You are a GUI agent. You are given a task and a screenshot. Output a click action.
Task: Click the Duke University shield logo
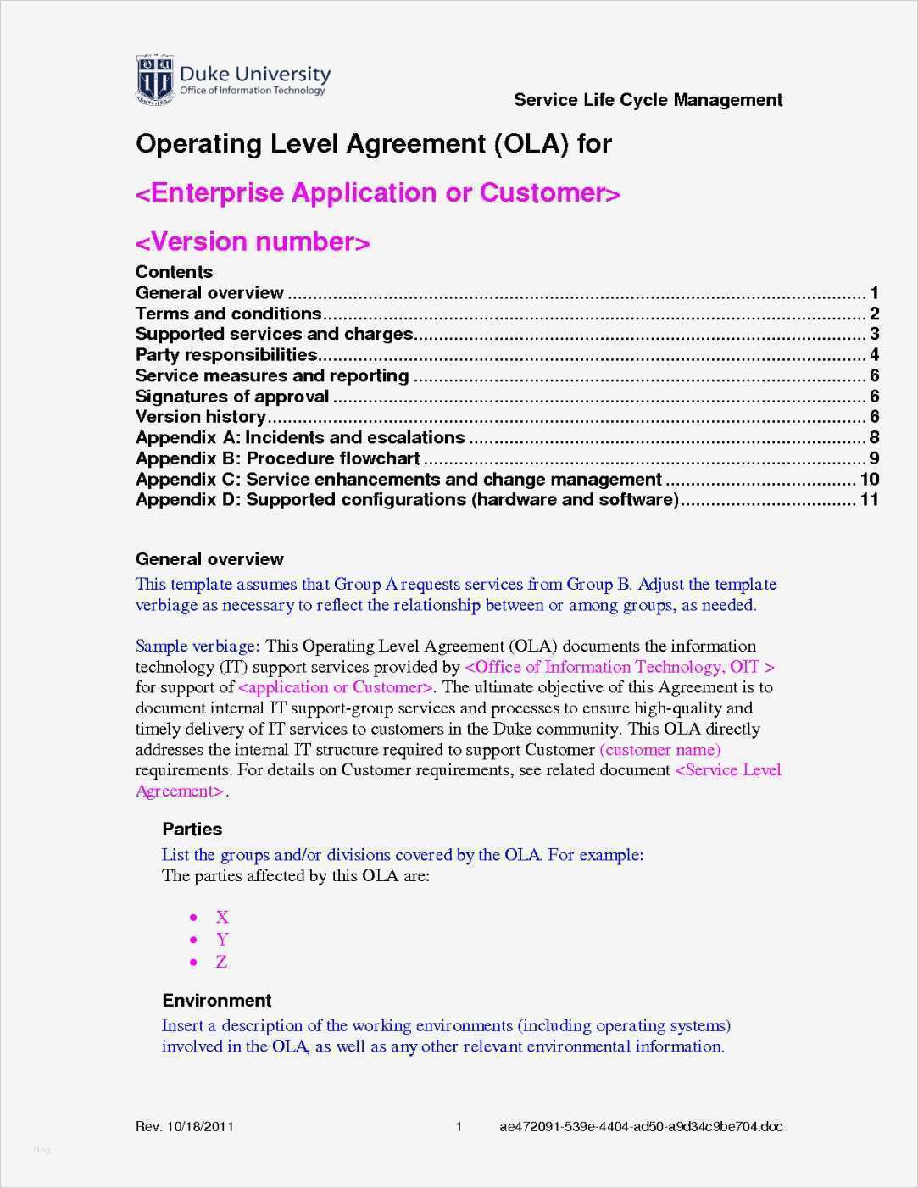(x=155, y=80)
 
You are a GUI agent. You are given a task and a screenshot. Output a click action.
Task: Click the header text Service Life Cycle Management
(x=648, y=100)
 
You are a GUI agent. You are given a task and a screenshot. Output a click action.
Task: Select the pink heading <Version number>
(x=253, y=242)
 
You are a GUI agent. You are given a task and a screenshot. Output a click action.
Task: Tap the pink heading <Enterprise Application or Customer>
(x=378, y=193)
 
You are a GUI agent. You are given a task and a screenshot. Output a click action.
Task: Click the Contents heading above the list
(x=174, y=272)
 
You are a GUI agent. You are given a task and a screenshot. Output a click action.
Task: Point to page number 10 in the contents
(x=870, y=480)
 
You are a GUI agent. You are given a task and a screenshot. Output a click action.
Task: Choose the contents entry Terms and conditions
(x=228, y=314)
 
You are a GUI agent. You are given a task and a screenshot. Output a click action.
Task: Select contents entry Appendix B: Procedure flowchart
(x=277, y=458)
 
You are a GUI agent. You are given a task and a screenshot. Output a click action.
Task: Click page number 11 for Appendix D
(x=870, y=500)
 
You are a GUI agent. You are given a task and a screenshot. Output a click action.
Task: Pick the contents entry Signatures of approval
(x=231, y=397)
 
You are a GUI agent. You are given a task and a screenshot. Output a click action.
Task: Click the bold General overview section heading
(x=209, y=559)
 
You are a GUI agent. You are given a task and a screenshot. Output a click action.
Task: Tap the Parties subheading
(x=192, y=830)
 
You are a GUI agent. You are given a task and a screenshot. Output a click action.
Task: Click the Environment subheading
(x=217, y=1001)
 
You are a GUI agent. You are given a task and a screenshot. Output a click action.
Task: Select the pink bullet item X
(x=222, y=917)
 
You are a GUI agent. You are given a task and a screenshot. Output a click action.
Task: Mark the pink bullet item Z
(x=221, y=962)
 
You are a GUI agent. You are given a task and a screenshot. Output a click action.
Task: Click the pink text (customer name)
(x=660, y=750)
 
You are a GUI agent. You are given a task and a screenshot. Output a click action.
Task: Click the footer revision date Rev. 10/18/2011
(x=185, y=1127)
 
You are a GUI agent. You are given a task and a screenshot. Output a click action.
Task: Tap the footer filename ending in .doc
(x=641, y=1127)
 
